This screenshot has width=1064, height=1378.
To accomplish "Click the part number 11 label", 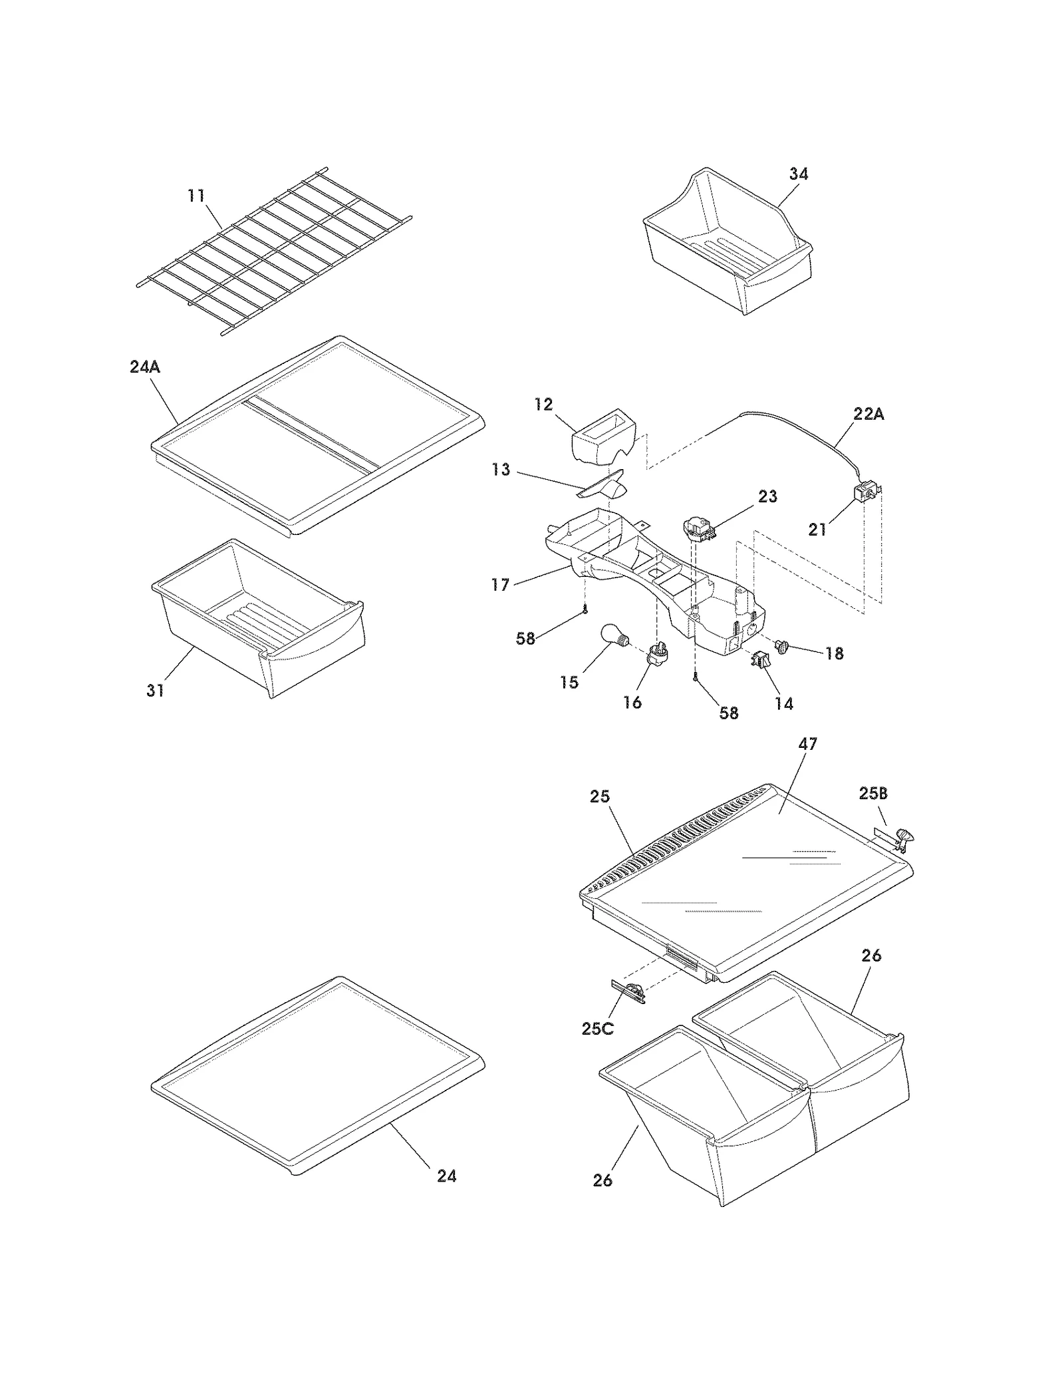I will tap(196, 196).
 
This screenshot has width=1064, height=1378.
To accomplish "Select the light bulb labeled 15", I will tap(612, 634).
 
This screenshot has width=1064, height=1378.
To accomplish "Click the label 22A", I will tap(868, 414).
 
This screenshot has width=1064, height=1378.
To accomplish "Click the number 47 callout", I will tap(807, 744).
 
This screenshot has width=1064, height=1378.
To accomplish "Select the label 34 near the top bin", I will tap(799, 174).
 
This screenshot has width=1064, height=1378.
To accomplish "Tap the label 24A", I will tap(145, 367).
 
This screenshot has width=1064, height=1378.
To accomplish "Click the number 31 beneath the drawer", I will tap(155, 691).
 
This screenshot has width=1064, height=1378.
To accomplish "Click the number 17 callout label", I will tap(500, 584).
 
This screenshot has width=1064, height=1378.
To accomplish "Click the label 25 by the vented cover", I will tap(600, 796).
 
